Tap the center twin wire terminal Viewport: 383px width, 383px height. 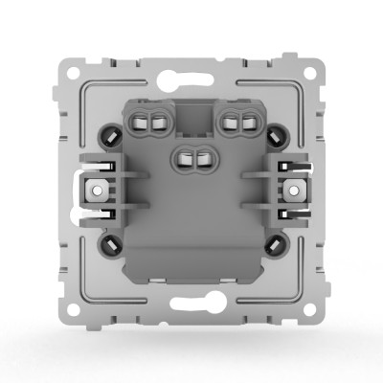click(x=192, y=155)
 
